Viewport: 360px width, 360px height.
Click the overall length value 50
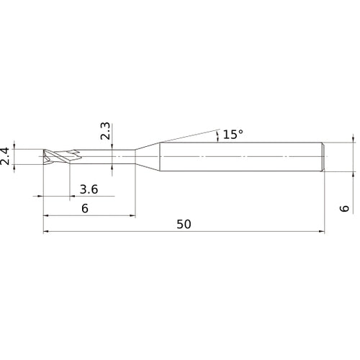[x=183, y=224]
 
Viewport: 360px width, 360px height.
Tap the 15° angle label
[x=233, y=134]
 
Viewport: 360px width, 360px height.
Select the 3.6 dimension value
[x=89, y=189]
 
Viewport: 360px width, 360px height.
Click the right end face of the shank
[x=323, y=157]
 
